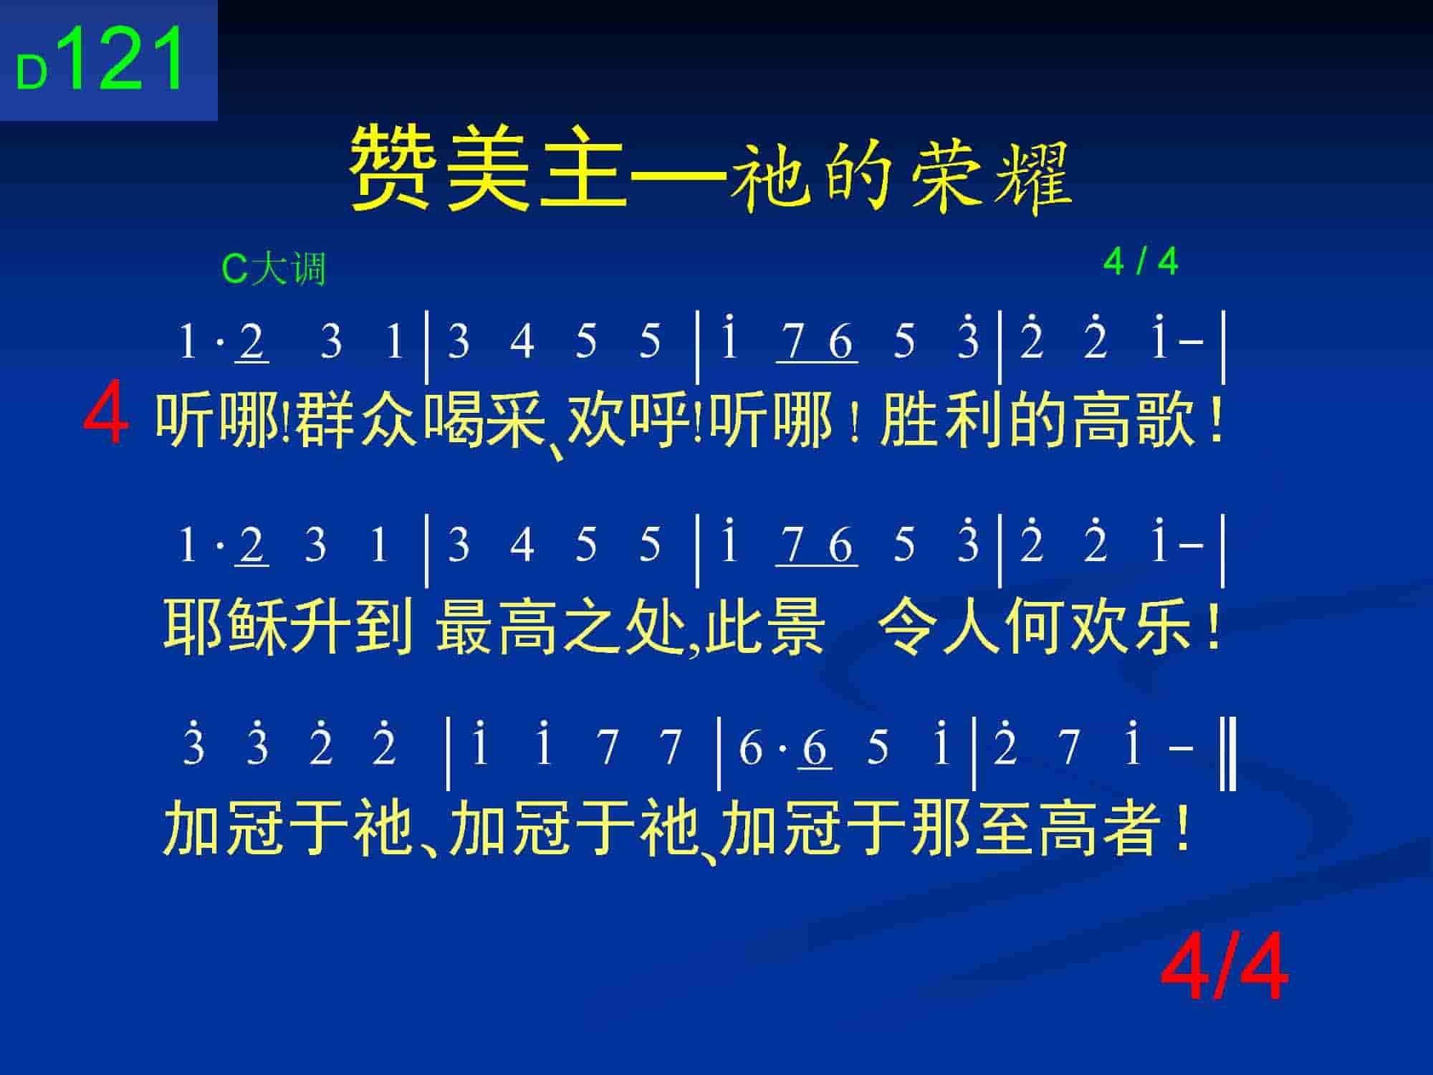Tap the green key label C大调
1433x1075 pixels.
coord(274,269)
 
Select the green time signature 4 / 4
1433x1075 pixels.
coord(1141,262)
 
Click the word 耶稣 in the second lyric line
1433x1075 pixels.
coord(225,626)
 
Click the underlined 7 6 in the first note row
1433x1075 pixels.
coord(817,343)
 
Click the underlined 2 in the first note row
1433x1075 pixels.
coord(251,343)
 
